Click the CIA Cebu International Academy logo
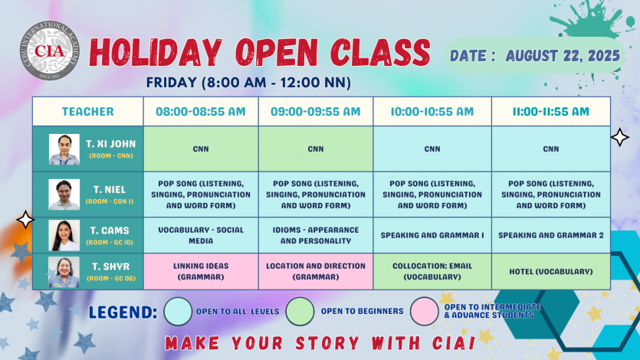49,51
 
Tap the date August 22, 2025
563,56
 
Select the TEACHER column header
87,111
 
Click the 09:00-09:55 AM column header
316,111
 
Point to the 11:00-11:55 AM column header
551,111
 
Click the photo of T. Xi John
64,149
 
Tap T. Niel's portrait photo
64,195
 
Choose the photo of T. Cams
64,235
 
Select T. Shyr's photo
64,272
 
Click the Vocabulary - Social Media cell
201,235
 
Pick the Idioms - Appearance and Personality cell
316,235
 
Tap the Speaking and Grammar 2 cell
551,235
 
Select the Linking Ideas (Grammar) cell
201,271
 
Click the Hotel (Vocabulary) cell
551,271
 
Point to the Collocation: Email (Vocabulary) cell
432,271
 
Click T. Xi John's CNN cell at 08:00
201,149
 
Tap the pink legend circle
425,311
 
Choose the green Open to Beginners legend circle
300,311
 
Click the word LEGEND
123,313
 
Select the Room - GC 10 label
110,243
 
